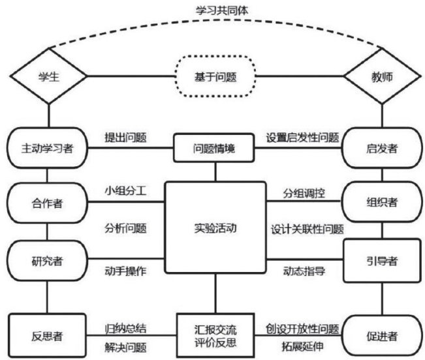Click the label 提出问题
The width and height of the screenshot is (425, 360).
125,138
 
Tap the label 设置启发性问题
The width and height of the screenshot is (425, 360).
302,138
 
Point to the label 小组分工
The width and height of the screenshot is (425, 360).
125,192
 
